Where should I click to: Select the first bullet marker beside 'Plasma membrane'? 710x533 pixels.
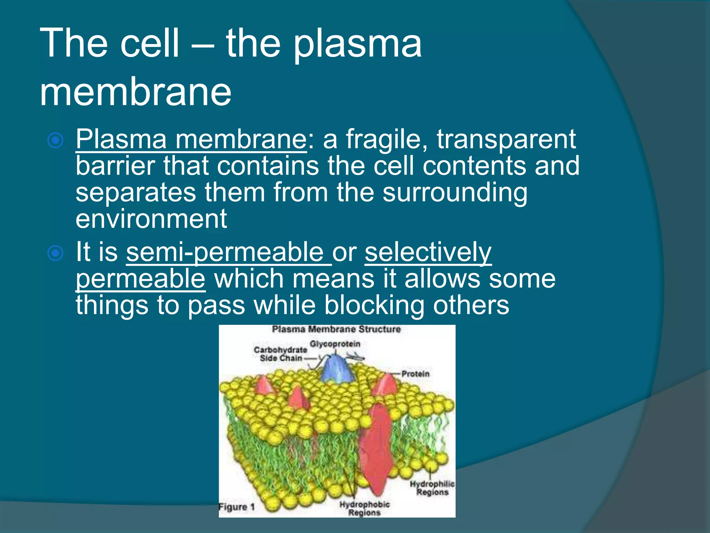click(x=55, y=141)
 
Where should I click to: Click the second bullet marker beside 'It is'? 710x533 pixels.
click(x=55, y=253)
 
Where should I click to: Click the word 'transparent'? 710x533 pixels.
click(x=506, y=140)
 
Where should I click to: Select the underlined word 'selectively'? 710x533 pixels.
click(x=428, y=253)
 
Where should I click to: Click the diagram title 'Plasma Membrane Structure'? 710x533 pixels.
click(x=336, y=329)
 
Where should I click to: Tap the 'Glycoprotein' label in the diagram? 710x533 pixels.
click(x=335, y=344)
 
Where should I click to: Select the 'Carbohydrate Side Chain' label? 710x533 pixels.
click(x=280, y=354)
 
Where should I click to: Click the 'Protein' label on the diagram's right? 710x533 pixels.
click(x=415, y=374)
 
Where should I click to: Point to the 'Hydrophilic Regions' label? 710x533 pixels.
click(x=432, y=488)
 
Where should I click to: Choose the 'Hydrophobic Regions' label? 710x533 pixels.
click(x=364, y=508)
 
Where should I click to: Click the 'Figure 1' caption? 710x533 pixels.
click(x=237, y=507)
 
